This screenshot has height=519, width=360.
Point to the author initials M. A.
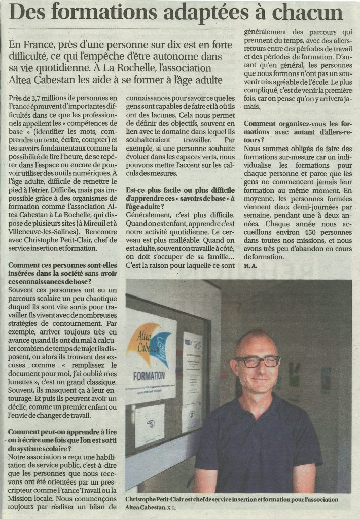tap(250, 265)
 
